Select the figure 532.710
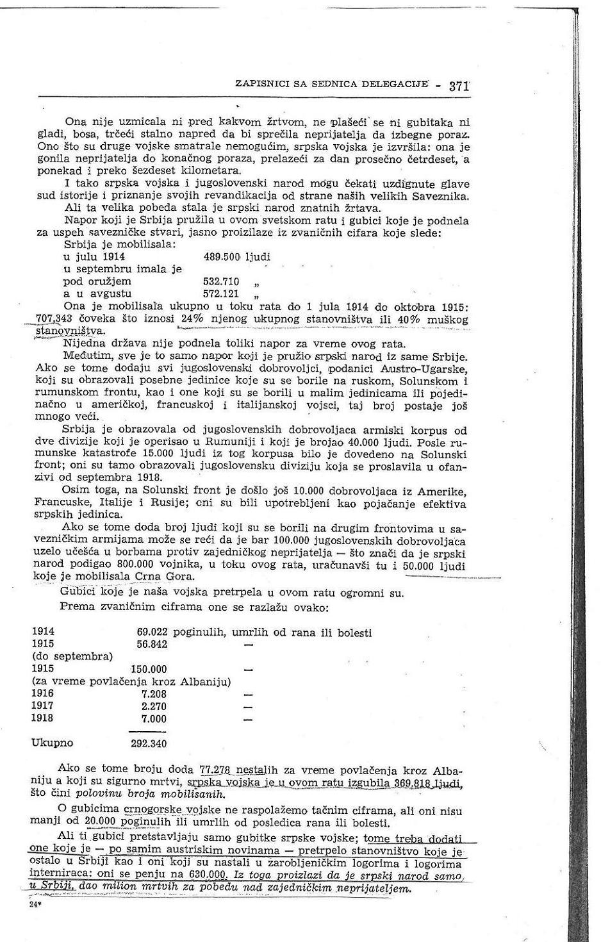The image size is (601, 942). click(x=221, y=281)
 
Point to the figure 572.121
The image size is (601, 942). click(x=221, y=293)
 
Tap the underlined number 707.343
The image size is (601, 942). click(x=53, y=318)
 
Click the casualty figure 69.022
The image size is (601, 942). click(x=152, y=632)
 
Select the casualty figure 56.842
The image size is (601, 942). click(x=152, y=645)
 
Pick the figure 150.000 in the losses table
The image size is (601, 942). click(x=148, y=669)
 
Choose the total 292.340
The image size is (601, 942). click(x=148, y=744)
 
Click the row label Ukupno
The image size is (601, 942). click(x=52, y=743)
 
